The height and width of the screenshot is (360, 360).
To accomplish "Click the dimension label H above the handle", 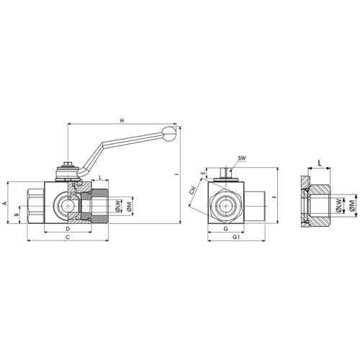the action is click(x=122, y=120).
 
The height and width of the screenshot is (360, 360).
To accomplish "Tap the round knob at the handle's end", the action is click(x=169, y=133).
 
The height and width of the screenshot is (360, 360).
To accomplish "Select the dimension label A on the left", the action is click(x=4, y=204).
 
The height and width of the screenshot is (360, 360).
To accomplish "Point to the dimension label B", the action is click(x=17, y=215).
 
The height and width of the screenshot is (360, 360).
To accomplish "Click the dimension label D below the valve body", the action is click(x=68, y=228).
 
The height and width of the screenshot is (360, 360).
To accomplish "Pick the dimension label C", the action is click(x=68, y=237).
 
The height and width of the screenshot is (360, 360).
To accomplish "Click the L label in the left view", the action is click(x=101, y=178).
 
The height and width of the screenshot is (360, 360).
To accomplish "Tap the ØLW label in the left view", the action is click(x=117, y=207).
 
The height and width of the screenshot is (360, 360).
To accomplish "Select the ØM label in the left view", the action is click(x=129, y=207).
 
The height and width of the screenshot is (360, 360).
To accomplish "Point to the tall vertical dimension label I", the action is click(x=177, y=174).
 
